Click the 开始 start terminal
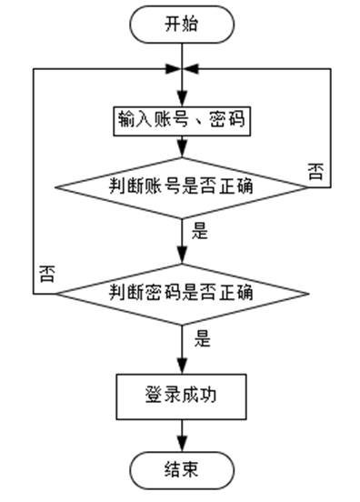182,25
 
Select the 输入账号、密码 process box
182,119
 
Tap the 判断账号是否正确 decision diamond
182,187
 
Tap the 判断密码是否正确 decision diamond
182,294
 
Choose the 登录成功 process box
182,395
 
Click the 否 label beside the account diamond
315,171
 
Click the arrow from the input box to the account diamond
183,146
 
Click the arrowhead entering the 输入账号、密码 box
183,99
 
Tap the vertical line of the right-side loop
329,127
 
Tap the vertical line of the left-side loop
34,182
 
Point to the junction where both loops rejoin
183,69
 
